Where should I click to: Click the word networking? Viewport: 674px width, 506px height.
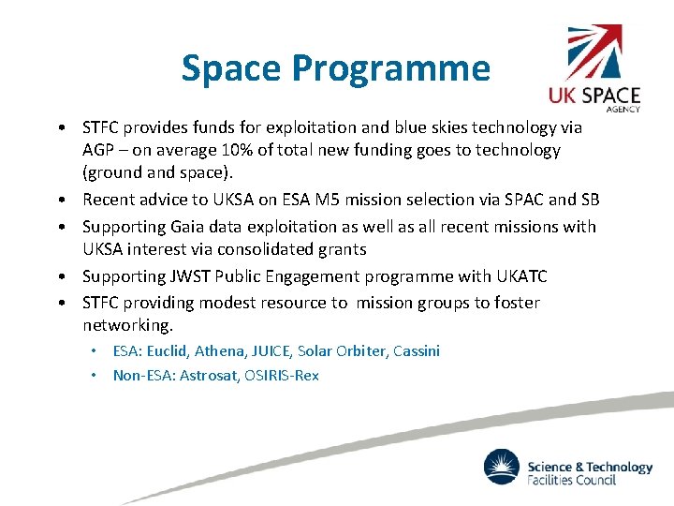[x=126, y=325]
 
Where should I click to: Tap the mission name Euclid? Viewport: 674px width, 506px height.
[x=169, y=351]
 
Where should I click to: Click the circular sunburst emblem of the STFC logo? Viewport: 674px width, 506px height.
[x=502, y=467]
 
